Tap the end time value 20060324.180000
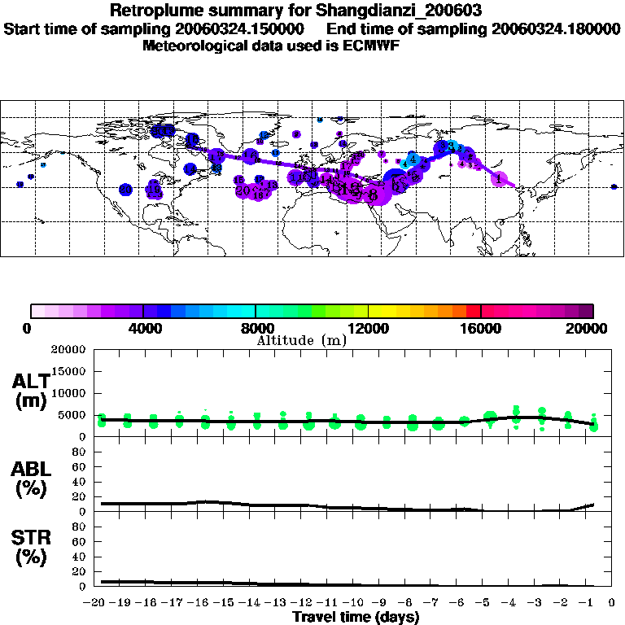(x=557, y=29)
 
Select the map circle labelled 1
(x=498, y=179)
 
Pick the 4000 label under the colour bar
(x=142, y=328)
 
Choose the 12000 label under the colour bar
(x=369, y=328)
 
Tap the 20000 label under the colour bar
(x=593, y=328)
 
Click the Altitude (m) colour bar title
(x=302, y=340)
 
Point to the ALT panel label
(x=30, y=382)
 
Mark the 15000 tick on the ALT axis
(x=68, y=372)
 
